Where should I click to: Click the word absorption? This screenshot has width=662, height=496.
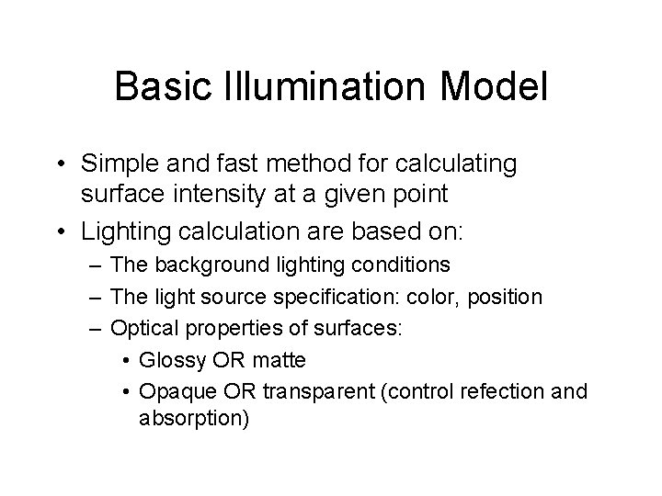point(194,419)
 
